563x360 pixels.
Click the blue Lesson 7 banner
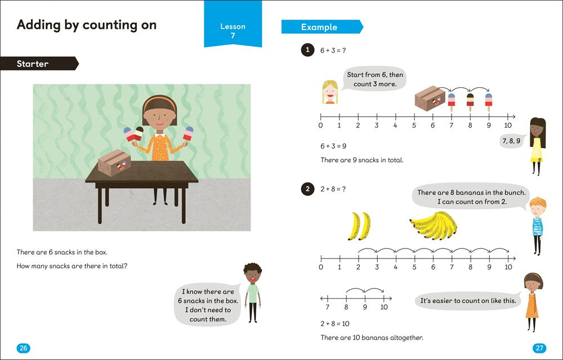click(233, 24)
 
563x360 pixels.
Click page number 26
click(23, 348)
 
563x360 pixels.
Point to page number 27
click(539, 348)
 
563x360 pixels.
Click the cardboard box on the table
click(114, 163)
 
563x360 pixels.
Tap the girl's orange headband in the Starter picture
click(159, 101)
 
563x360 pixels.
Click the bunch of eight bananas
click(434, 225)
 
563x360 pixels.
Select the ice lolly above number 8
click(470, 102)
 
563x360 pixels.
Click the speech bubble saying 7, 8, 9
click(511, 141)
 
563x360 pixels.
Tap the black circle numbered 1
click(307, 50)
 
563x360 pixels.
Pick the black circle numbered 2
click(307, 189)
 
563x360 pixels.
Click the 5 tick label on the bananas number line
click(414, 267)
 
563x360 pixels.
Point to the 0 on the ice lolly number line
click(321, 126)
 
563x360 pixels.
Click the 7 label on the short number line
click(327, 307)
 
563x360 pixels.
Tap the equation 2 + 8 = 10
click(334, 324)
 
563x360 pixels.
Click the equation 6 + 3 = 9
click(333, 146)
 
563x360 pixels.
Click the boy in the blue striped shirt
click(537, 226)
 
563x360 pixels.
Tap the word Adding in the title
click(39, 25)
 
